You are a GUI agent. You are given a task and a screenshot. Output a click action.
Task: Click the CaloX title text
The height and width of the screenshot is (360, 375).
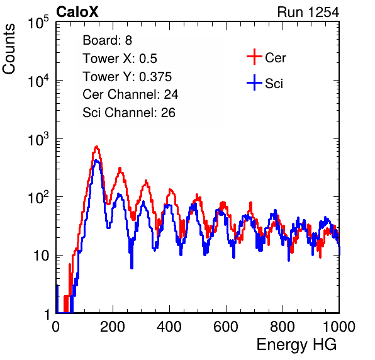[77, 12]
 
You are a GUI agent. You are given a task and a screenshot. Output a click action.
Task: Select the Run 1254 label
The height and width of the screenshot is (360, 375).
[308, 12]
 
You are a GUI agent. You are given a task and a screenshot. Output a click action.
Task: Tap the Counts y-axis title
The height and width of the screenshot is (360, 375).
[9, 49]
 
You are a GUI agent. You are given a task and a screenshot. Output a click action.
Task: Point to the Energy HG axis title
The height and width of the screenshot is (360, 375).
[296, 345]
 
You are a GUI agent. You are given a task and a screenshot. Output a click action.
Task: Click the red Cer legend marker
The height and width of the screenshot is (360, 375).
[254, 57]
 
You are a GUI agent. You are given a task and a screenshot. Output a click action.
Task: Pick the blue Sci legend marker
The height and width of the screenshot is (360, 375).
[254, 83]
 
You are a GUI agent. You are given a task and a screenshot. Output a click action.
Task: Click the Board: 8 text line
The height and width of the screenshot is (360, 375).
[108, 40]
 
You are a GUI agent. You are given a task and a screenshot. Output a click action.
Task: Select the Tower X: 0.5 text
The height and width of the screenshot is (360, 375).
[120, 59]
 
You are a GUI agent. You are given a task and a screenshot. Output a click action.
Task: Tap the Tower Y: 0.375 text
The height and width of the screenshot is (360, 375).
[127, 77]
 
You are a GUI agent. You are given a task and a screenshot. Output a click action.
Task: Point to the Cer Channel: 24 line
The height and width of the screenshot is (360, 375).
[130, 94]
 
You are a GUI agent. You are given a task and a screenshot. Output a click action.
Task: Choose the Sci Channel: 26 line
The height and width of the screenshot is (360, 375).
[129, 113]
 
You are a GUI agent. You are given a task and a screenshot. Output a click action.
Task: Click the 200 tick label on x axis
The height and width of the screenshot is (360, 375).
[113, 327]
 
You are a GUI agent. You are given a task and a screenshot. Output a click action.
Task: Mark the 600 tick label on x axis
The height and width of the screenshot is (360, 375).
[226, 327]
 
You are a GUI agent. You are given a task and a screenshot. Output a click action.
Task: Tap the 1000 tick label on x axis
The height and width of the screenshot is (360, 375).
[339, 327]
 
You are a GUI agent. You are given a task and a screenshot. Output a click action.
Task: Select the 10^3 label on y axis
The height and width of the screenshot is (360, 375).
[38, 140]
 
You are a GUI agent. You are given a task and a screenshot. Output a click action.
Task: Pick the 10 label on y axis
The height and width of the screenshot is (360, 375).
[42, 256]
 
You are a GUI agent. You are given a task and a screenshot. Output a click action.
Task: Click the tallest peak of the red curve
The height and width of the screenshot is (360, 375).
[97, 147]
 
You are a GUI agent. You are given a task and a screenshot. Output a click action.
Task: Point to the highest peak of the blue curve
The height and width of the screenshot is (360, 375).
[96, 160]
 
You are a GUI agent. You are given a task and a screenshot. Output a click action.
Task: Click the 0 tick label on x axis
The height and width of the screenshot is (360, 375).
[56, 327]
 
